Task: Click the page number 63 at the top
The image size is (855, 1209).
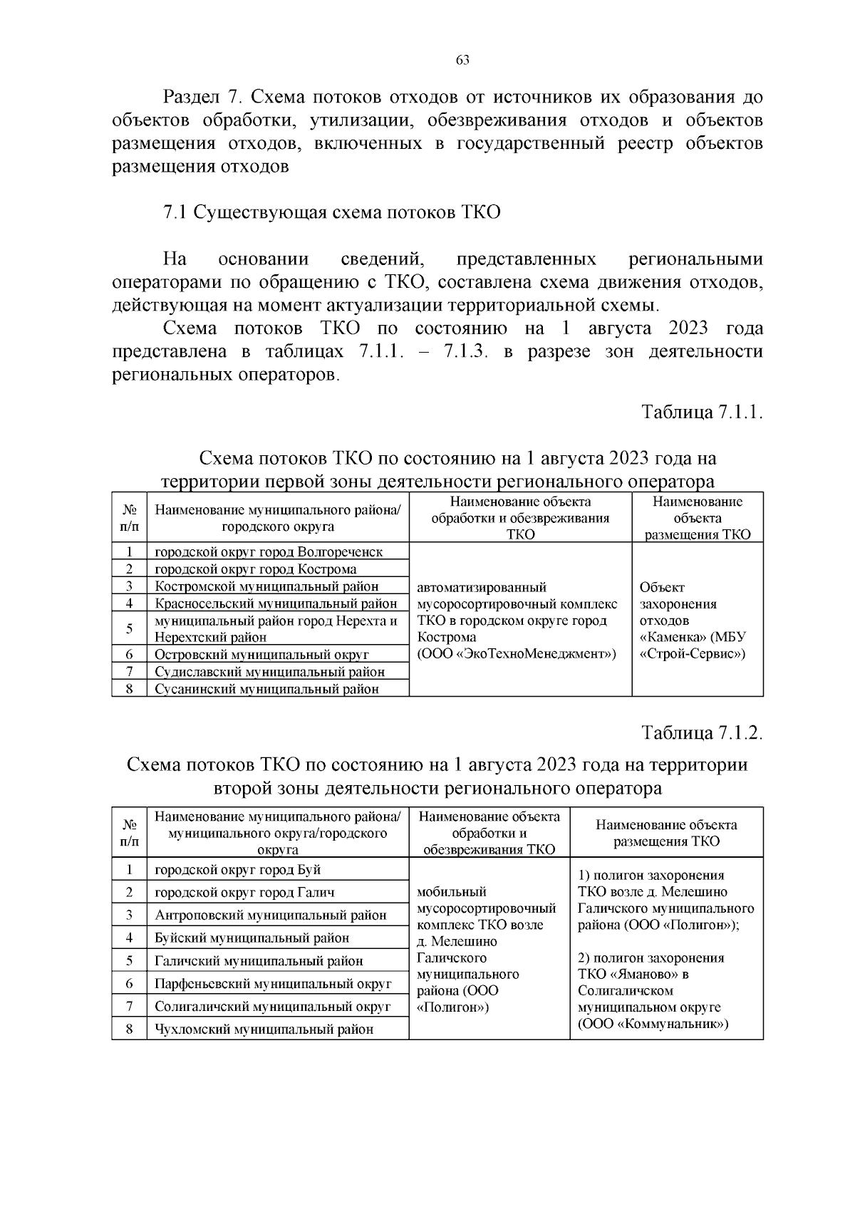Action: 462,61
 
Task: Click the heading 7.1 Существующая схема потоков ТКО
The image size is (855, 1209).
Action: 332,213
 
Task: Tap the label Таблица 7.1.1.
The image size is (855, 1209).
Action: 703,412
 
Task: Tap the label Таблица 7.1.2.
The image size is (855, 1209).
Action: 703,733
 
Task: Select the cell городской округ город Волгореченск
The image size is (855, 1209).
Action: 269,552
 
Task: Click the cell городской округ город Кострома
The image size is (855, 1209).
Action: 256,569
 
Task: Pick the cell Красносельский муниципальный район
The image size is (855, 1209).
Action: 276,604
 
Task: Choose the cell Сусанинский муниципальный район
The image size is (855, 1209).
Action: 266,689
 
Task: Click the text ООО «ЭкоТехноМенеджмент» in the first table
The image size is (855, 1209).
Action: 517,654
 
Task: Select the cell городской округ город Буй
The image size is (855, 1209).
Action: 238,870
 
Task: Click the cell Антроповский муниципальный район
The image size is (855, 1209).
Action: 271,915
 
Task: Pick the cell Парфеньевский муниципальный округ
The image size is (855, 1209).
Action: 273,984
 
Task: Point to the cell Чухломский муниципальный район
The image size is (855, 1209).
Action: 264,1029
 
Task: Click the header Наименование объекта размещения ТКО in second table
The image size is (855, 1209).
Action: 666,833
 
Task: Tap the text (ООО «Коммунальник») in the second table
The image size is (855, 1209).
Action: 653,1024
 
